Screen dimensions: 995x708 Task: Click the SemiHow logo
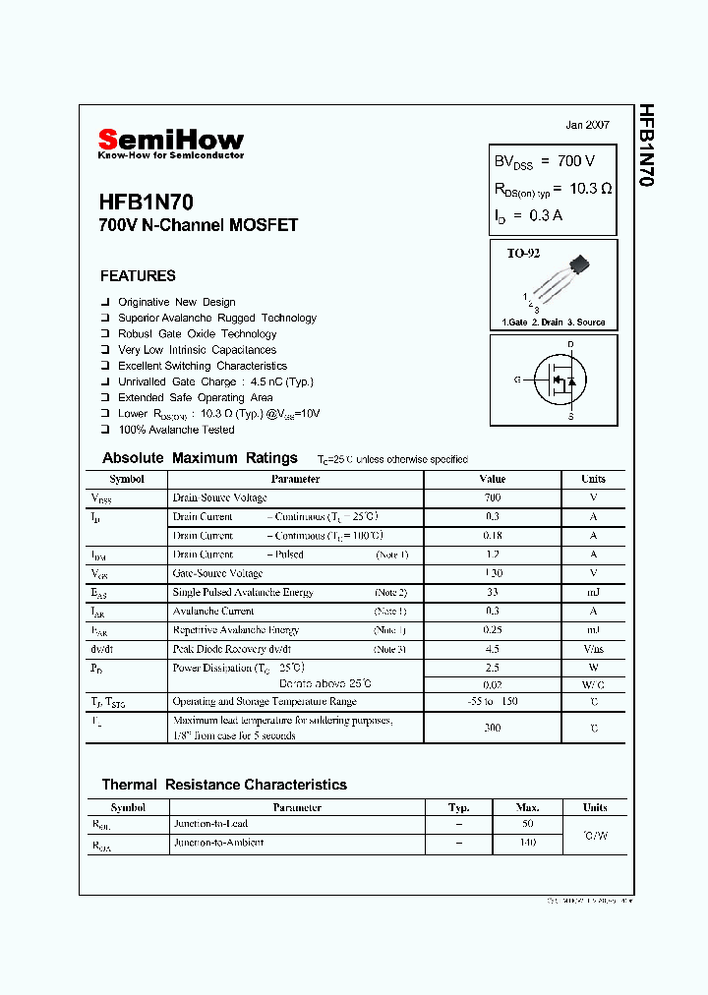(170, 143)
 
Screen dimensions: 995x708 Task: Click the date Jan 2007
(587, 125)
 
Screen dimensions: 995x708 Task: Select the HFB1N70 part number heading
(146, 203)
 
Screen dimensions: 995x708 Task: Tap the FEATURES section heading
(138, 276)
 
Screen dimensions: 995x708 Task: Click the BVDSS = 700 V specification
(544, 160)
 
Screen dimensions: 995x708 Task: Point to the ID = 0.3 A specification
(528, 215)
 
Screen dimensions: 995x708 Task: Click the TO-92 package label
(523, 254)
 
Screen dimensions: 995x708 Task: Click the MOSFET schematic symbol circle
(560, 380)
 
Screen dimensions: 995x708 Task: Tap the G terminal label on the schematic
(516, 380)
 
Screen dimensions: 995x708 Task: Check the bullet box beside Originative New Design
(104, 302)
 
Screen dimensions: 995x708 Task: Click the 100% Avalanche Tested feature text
(176, 430)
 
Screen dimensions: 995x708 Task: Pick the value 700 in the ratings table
(492, 498)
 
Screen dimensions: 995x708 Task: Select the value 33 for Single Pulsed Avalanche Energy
(492, 593)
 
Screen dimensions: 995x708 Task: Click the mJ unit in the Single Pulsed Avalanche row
(593, 593)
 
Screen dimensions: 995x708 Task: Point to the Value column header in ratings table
(492, 480)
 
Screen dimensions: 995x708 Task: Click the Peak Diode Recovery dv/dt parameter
(232, 650)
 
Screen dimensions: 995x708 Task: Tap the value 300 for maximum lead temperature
(492, 728)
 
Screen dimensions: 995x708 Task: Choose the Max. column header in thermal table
(527, 807)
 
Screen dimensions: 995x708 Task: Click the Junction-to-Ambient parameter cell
(218, 844)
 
